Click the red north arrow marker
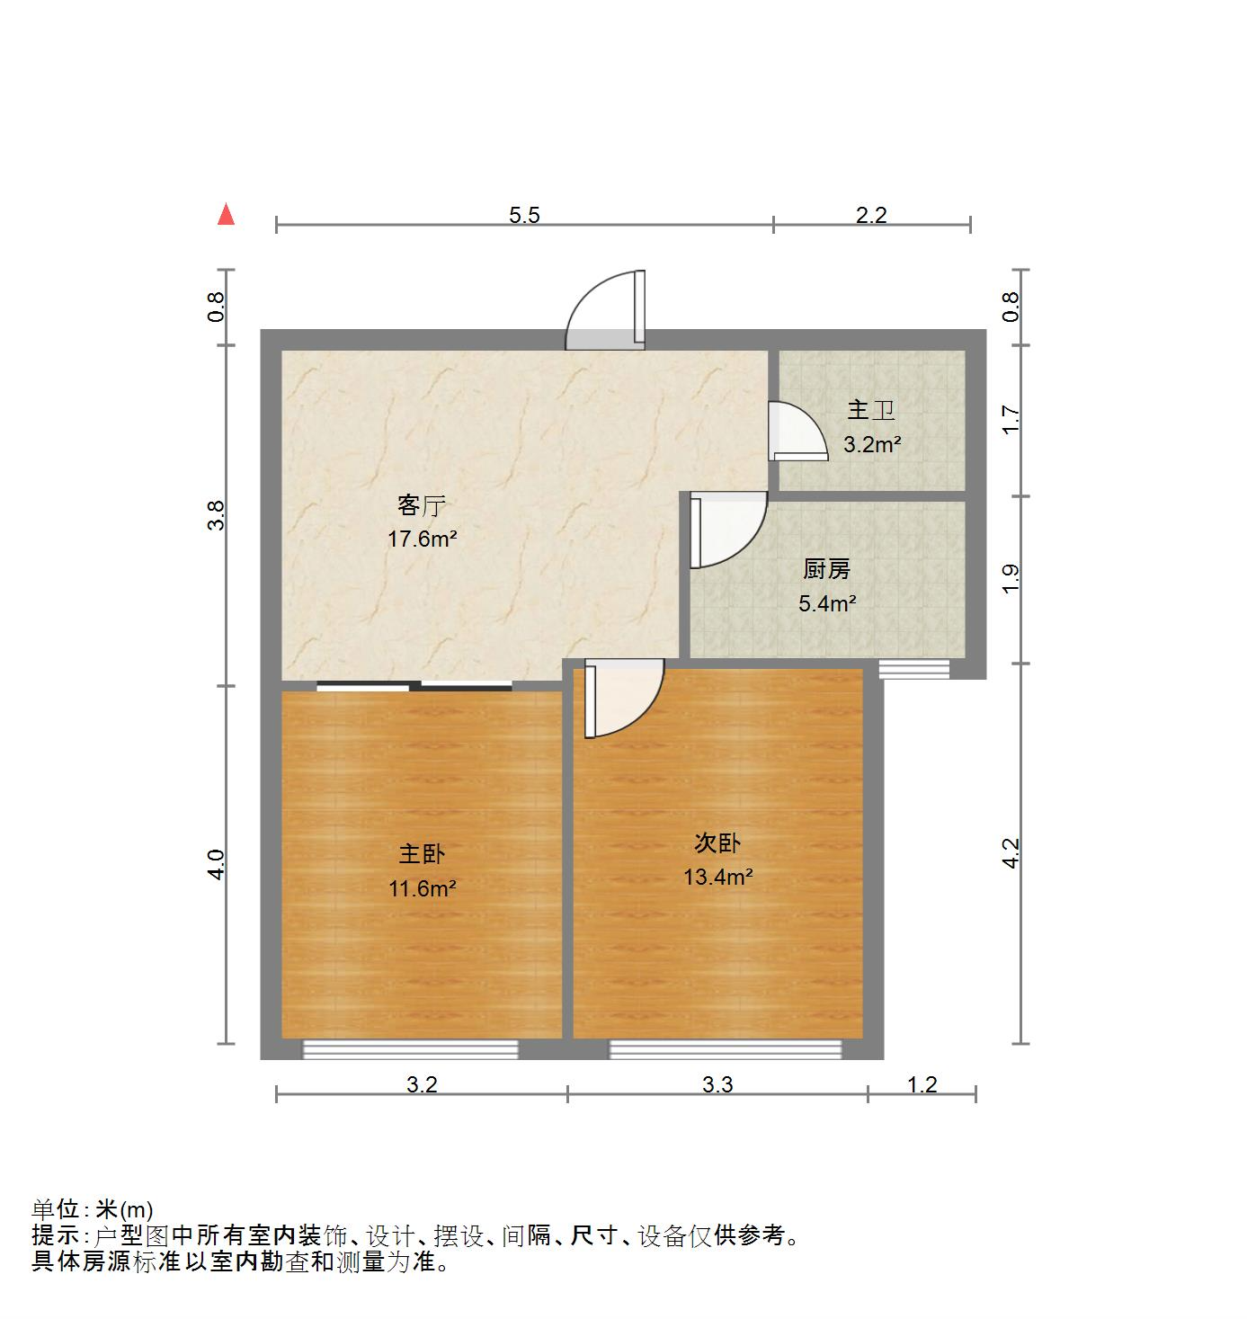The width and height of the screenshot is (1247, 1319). (227, 215)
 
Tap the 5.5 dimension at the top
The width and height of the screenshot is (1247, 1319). (524, 215)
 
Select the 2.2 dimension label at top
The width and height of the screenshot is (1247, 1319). (870, 215)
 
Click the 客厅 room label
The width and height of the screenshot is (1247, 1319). (422, 506)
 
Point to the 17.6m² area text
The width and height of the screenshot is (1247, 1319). (422, 539)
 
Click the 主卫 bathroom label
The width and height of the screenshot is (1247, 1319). (871, 411)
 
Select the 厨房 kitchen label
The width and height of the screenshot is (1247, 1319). (826, 569)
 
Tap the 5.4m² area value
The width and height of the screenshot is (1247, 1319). (826, 603)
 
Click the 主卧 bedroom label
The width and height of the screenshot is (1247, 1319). (422, 853)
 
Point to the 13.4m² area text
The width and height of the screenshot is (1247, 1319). (717, 877)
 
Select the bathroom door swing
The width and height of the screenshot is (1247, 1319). (796, 432)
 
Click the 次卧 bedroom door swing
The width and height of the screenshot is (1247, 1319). (620, 698)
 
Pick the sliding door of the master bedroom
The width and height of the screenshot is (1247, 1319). (414, 687)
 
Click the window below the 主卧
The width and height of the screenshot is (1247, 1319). (411, 1049)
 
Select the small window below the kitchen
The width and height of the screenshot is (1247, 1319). (913, 669)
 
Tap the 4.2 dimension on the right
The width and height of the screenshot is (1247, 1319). (1011, 853)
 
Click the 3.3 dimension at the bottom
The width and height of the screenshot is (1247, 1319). (717, 1085)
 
